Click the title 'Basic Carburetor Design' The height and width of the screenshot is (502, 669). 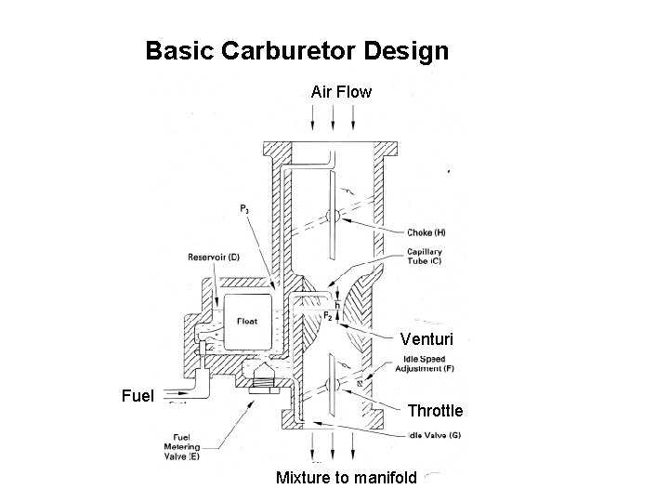click(296, 50)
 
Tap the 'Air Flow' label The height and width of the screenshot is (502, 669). click(341, 92)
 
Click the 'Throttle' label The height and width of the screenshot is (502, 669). click(435, 410)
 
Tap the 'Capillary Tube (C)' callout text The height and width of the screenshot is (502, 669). click(425, 258)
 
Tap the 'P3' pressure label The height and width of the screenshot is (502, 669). click(244, 210)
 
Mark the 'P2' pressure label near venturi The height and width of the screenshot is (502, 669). click(328, 316)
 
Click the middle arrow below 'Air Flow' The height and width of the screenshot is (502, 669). click(334, 117)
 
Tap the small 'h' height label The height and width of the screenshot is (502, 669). click(336, 304)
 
